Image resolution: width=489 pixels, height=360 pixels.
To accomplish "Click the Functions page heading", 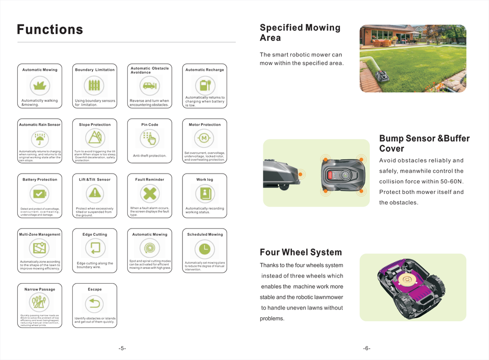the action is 50,30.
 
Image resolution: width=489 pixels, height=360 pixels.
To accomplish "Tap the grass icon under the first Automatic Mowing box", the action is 40,85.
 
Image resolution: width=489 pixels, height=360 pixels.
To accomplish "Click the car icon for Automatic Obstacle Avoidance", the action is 149,85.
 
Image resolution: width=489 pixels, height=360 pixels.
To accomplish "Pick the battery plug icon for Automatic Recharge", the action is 204,85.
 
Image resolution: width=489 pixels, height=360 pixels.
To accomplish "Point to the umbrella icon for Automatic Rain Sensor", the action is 40,139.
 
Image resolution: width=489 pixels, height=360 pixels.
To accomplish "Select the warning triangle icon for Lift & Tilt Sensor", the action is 95,193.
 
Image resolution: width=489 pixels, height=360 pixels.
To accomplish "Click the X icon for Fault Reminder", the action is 149,193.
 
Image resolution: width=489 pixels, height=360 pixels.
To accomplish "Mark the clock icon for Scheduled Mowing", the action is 204,248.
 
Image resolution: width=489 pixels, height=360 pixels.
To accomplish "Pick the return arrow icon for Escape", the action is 95,303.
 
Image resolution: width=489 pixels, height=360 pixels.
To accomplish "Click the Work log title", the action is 205,180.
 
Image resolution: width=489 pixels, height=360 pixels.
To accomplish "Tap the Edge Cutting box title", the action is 95,235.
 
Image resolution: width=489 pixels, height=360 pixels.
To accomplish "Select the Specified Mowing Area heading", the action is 300,33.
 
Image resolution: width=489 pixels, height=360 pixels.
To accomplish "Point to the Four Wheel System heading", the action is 301,253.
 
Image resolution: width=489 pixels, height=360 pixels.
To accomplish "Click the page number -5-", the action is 122,348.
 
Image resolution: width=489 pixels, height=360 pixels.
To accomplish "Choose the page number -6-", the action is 367,348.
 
